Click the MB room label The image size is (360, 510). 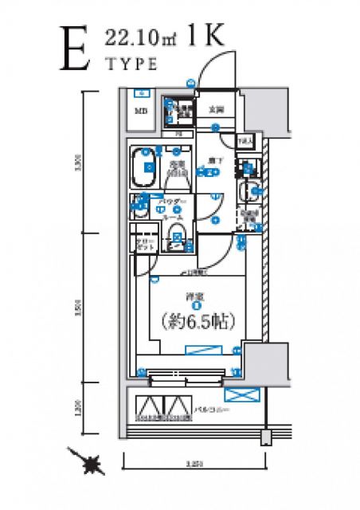(x=141, y=111)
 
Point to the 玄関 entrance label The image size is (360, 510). (x=215, y=110)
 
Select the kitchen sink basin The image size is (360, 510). (x=248, y=191)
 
